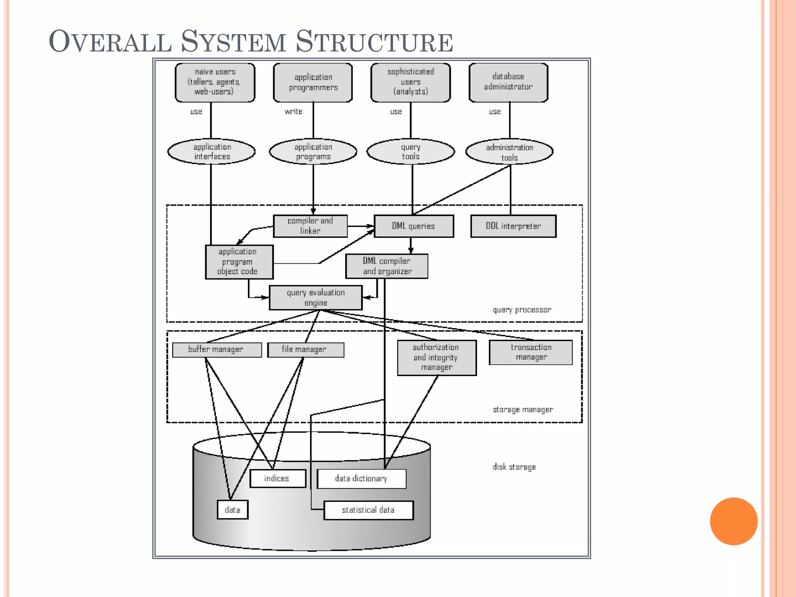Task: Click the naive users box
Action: click(x=215, y=82)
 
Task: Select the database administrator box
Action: click(x=508, y=82)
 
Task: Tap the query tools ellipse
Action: click(x=410, y=152)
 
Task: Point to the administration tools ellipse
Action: click(x=509, y=152)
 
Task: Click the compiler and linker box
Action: click(x=310, y=226)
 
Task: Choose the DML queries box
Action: click(x=414, y=226)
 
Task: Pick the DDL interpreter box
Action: click(x=513, y=226)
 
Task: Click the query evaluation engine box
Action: click(x=316, y=298)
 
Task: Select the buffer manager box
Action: click(x=216, y=349)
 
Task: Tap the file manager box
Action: click(x=305, y=349)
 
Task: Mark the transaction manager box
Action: click(x=531, y=352)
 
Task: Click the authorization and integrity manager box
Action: click(x=436, y=358)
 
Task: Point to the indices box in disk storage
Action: click(x=278, y=478)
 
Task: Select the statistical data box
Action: click(x=368, y=510)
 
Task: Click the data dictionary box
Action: click(x=361, y=478)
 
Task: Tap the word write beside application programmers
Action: click(x=293, y=112)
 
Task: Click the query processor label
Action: click(x=522, y=310)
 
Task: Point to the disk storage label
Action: click(x=514, y=467)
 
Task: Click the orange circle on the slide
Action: click(x=733, y=521)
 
